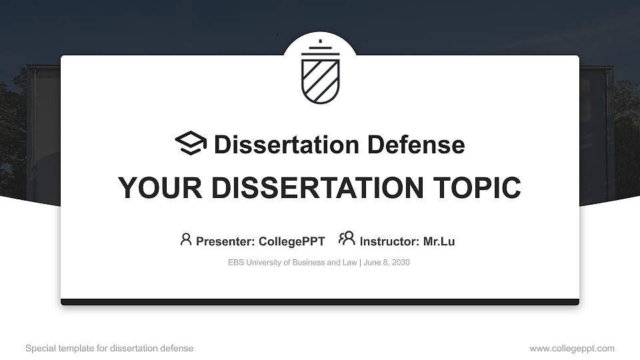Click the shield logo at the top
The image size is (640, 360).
pyautogui.click(x=320, y=74)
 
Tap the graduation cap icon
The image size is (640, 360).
pyautogui.click(x=191, y=144)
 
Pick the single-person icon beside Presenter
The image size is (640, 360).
pyautogui.click(x=186, y=239)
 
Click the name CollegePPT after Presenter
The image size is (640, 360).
pyautogui.click(x=292, y=241)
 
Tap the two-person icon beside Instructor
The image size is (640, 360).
pyautogui.click(x=347, y=239)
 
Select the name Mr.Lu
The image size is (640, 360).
pyautogui.click(x=439, y=241)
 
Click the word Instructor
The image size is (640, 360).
pyautogui.click(x=389, y=241)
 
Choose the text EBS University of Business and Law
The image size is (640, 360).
pyautogui.click(x=293, y=263)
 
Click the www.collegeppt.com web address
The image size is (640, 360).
pyautogui.click(x=572, y=348)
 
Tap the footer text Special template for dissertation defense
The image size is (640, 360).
pyautogui.click(x=109, y=348)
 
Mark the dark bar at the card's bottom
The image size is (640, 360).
pyautogui.click(x=320, y=302)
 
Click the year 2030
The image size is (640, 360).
pyautogui.click(x=400, y=263)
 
